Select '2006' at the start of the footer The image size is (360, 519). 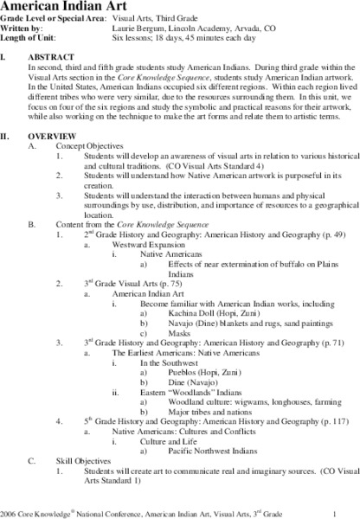(x=10, y=510)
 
